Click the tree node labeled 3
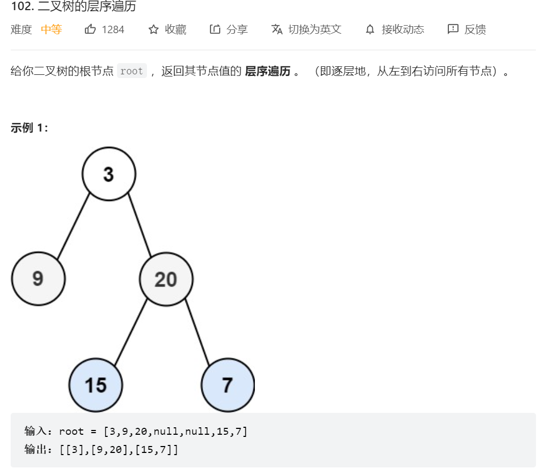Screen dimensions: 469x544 [x=109, y=174]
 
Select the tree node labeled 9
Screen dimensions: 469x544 [x=38, y=279]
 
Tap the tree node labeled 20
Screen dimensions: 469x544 [x=166, y=279]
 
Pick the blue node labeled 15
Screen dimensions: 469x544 [x=96, y=385]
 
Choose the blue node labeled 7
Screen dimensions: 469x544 [x=228, y=385]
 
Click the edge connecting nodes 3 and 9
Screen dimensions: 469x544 [x=74, y=226]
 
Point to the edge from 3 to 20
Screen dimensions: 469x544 [x=139, y=226]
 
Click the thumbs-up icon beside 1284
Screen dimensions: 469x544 [x=90, y=29]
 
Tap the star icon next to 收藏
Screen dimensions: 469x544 [x=153, y=29]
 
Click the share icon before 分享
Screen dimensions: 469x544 [x=215, y=29]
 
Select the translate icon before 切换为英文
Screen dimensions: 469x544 [x=277, y=29]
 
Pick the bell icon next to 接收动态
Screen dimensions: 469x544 [x=370, y=29]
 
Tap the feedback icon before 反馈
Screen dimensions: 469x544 [x=453, y=29]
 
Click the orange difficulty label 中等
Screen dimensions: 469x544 [x=51, y=29]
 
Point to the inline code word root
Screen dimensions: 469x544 [x=131, y=71]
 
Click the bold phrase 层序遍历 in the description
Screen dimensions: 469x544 [x=267, y=71]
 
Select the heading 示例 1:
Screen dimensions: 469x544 [x=29, y=128]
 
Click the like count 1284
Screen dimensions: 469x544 [x=113, y=29]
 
